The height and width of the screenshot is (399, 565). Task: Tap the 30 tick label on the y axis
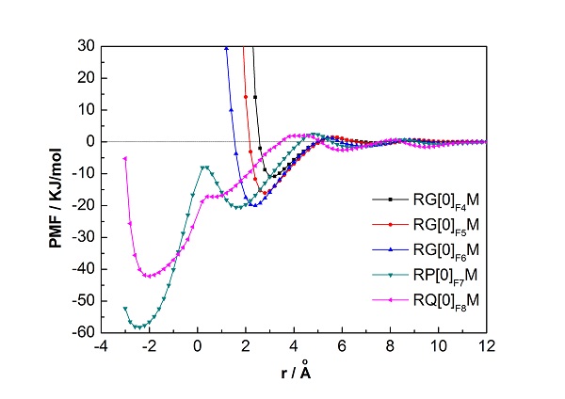click(82, 46)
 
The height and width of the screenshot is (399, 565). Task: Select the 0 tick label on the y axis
click(86, 141)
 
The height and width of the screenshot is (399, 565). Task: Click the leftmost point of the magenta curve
click(125, 158)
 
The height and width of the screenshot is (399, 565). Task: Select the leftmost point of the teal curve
click(125, 308)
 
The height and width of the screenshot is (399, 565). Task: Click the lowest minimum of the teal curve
click(140, 327)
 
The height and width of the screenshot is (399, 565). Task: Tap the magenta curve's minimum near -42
click(148, 276)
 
